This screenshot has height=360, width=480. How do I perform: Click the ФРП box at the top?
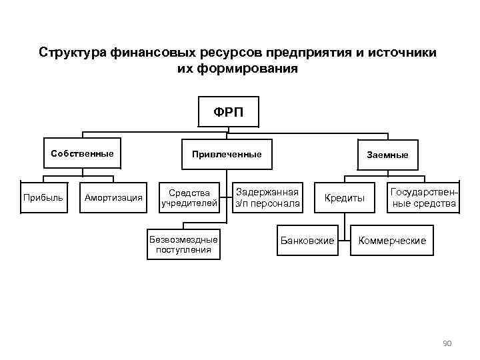click(229, 111)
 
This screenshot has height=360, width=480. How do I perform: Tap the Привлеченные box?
click(227, 155)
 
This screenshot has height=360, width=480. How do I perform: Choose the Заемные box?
click(387, 155)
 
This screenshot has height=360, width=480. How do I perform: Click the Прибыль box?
click(43, 197)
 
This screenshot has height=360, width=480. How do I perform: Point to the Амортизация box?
click(113, 197)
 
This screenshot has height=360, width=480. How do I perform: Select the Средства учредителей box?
click(189, 198)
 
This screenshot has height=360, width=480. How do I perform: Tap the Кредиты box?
click(345, 198)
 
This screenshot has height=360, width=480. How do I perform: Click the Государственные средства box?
click(423, 197)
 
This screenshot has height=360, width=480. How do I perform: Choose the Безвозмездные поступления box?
click(183, 245)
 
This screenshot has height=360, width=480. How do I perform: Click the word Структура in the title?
click(69, 53)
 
